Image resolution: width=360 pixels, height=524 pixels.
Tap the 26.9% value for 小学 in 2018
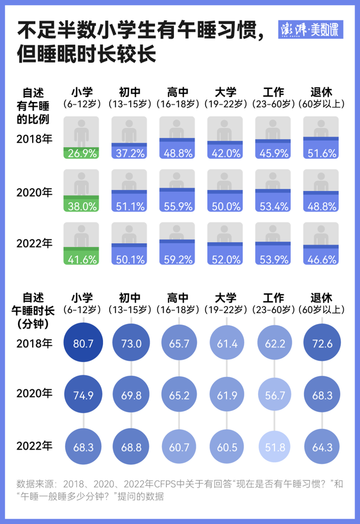[x=81, y=153]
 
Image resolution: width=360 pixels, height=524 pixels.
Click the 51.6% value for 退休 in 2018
[x=321, y=153]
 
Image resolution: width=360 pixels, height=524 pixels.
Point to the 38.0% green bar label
[x=81, y=206]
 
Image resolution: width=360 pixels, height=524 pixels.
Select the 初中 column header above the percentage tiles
[x=129, y=92]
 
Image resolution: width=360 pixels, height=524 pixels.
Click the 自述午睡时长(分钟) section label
[x=34, y=311]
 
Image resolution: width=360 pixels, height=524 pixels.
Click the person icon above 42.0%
[x=225, y=131]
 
